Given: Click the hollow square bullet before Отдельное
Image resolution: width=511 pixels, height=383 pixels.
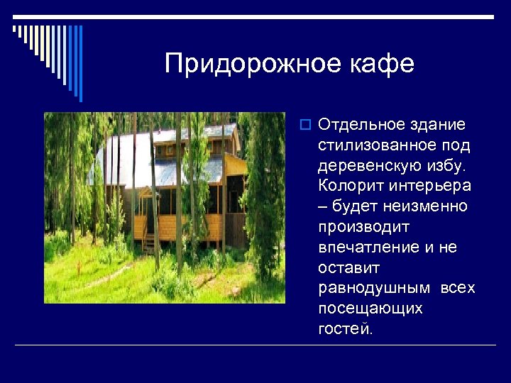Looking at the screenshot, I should (306, 126).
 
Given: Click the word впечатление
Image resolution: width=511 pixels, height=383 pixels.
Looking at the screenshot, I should (368, 248).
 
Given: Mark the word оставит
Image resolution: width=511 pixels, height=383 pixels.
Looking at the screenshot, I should (349, 269).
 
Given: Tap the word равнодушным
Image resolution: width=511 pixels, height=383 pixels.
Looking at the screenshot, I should (374, 289).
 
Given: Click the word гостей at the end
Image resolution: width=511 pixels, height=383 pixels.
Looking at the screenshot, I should (345, 330).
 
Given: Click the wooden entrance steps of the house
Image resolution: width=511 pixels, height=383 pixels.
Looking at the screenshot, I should (149, 244).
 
